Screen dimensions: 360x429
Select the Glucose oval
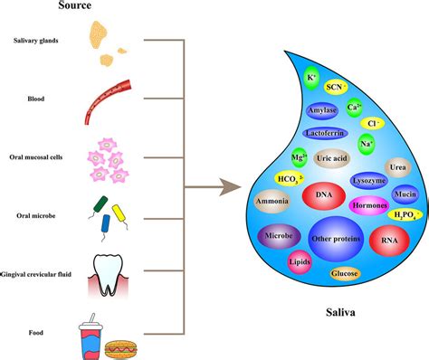[x=344, y=273]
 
